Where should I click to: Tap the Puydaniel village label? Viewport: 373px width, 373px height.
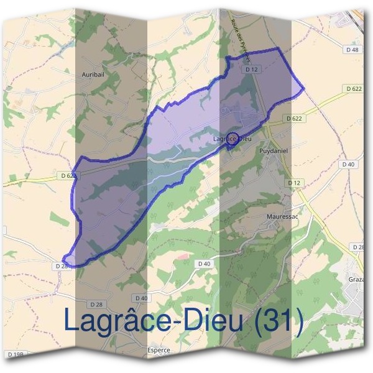(x=274, y=150)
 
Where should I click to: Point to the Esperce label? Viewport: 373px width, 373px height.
(x=159, y=350)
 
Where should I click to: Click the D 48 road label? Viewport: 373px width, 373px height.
(x=351, y=49)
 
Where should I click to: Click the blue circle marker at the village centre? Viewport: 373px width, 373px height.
(x=233, y=138)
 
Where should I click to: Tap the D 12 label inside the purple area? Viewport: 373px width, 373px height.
(x=251, y=70)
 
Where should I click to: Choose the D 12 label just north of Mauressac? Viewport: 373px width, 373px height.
(x=294, y=183)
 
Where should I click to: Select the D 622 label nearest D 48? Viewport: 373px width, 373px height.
(x=353, y=89)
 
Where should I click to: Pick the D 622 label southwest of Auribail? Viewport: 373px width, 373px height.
(x=68, y=176)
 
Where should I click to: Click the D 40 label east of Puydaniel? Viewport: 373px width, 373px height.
(x=348, y=164)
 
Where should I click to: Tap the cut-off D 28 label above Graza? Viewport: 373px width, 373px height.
(x=359, y=247)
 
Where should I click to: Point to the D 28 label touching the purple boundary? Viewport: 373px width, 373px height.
(x=61, y=266)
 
